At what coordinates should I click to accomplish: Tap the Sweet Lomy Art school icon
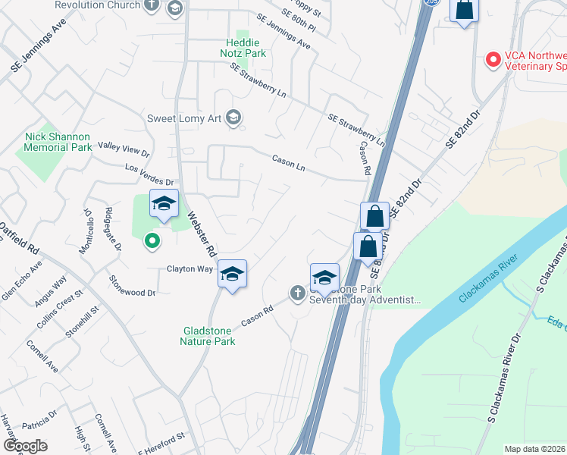click(233, 118)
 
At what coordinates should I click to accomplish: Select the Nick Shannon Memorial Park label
click(57, 142)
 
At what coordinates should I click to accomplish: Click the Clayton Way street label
click(190, 269)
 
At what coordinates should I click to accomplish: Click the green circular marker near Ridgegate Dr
click(152, 242)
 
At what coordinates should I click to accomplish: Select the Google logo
click(25, 446)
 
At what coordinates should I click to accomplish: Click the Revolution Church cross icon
click(152, 5)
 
